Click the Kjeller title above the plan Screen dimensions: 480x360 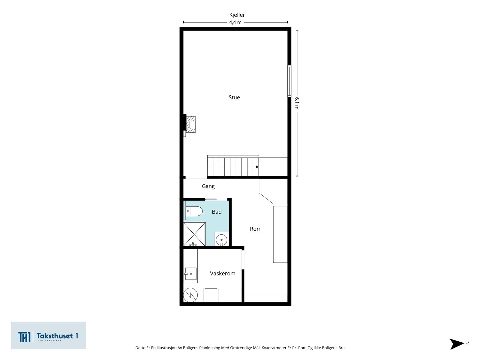click(x=237, y=15)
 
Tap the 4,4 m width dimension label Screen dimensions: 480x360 click(x=235, y=22)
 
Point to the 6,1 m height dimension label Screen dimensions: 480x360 click(x=297, y=103)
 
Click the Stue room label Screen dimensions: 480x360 click(x=234, y=97)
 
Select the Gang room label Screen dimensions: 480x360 click(x=208, y=186)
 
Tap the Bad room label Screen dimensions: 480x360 click(x=217, y=211)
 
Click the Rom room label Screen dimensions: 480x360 click(x=256, y=229)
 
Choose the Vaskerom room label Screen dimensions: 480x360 click(x=223, y=273)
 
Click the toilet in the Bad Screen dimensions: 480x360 click(x=194, y=211)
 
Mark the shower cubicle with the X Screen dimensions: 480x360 click(x=194, y=234)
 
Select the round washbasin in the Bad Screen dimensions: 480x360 click(x=221, y=239)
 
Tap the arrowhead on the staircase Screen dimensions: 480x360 click(x=257, y=167)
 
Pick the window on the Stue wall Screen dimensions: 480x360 click(x=289, y=81)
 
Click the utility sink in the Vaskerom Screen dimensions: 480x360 click(x=190, y=274)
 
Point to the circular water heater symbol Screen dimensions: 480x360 click(x=190, y=295)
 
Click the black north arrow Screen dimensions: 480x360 click(x=456, y=344)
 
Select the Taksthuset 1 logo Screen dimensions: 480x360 click(x=48, y=335)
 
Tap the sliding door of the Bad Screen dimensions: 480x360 click(x=211, y=199)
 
